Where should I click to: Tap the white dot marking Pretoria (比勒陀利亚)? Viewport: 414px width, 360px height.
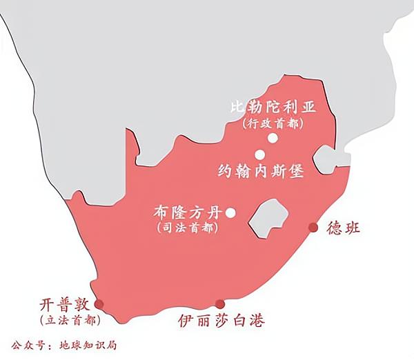pos(273,139)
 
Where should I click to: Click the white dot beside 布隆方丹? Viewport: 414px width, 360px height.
pos(230,213)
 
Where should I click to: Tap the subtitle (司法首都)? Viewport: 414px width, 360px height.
pos(188,228)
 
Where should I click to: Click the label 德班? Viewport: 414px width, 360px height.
pos(343,228)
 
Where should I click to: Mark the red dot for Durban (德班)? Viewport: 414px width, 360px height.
pos(313,228)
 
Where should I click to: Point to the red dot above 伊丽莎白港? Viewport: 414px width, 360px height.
pos(220,304)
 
